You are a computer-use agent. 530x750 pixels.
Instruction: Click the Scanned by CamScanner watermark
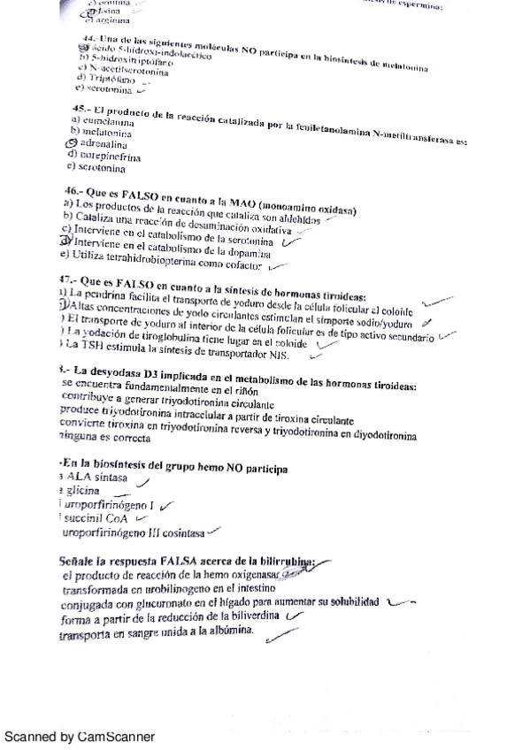point(80,736)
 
